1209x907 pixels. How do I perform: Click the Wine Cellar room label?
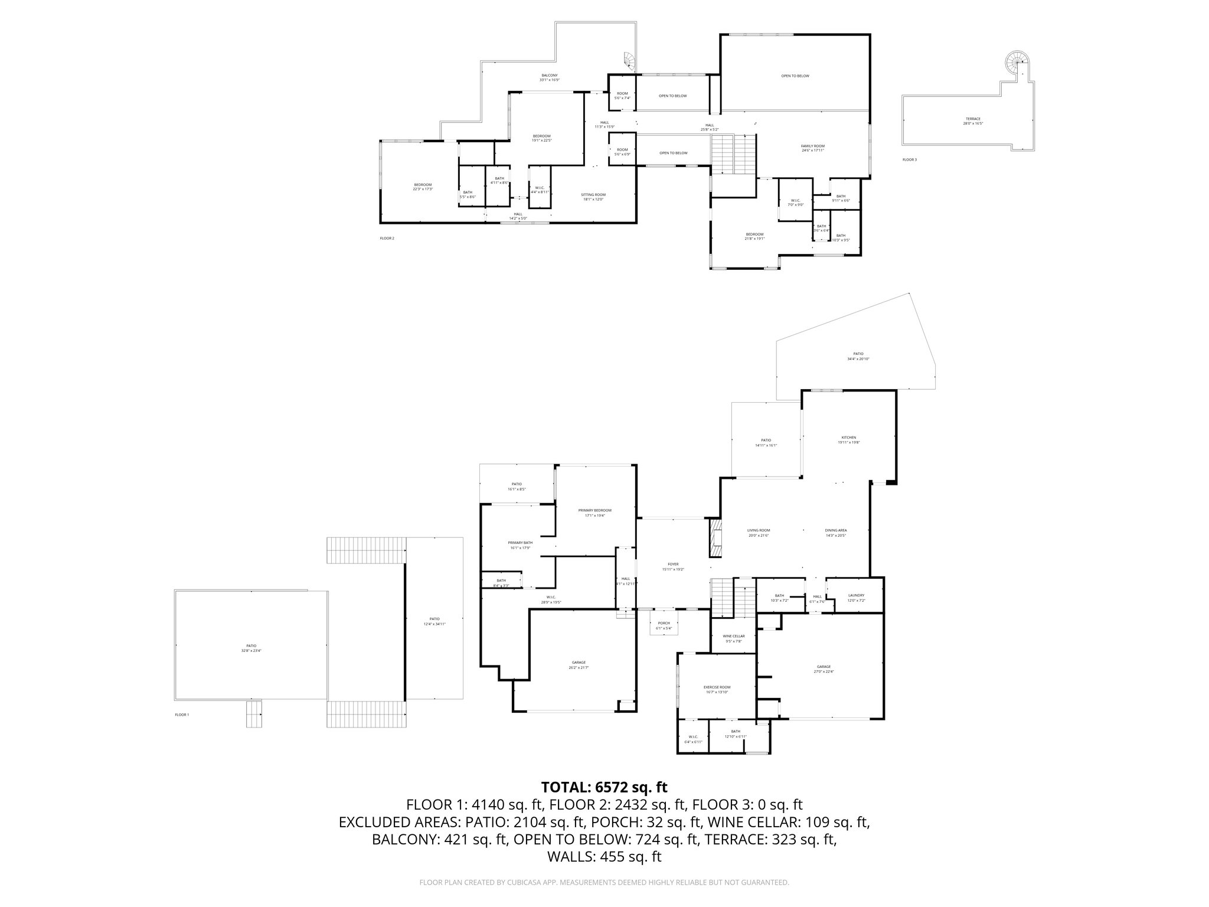coord(733,636)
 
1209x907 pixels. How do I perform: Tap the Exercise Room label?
coord(717,687)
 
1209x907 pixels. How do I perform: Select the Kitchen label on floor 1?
coord(848,438)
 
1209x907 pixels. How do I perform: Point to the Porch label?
coord(664,623)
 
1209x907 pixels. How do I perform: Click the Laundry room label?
coord(856,595)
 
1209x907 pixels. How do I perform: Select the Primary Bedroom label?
coord(594,510)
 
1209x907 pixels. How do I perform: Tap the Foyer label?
coord(673,565)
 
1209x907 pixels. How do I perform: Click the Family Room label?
coord(812,146)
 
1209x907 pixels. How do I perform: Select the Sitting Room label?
coord(594,195)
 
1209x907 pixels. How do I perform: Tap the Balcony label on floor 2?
coord(550,76)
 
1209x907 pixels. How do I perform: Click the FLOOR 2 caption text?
coord(387,239)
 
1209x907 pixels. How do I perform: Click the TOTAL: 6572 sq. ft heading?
coord(604,787)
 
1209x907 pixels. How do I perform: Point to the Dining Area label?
coord(836,530)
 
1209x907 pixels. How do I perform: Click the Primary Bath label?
coord(520,543)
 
